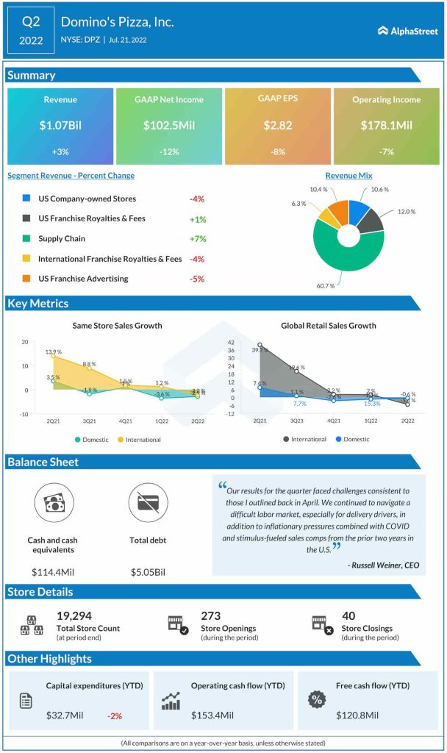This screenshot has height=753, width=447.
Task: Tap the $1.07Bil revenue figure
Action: (60, 126)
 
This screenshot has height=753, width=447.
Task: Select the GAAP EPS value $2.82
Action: (279, 126)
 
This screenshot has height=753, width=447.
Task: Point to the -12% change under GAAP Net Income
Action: (169, 152)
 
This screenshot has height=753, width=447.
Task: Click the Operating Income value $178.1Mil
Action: (387, 126)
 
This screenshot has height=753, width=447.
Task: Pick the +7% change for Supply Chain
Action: (196, 239)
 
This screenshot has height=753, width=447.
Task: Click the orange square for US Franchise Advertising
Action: (26, 279)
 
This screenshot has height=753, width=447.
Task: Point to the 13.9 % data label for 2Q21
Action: (54, 353)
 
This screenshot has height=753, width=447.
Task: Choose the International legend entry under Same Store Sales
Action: (139, 440)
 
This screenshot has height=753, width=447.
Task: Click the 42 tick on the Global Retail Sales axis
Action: (230, 343)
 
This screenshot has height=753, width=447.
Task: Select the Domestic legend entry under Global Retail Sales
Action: (352, 440)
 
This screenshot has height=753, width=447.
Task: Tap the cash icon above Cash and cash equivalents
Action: (53, 503)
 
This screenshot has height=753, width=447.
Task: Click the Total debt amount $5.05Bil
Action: (148, 571)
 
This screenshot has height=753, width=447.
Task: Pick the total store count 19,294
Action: (74, 615)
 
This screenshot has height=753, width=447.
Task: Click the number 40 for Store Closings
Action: (348, 615)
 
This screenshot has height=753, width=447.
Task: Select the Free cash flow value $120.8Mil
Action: (358, 715)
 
